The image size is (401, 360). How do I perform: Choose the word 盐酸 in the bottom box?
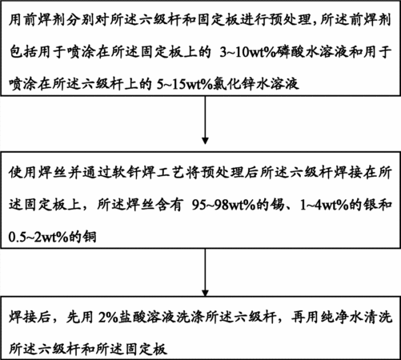[134, 318]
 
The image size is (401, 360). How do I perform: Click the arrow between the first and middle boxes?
[205, 120]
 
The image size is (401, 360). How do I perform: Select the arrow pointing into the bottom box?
[205, 272]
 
